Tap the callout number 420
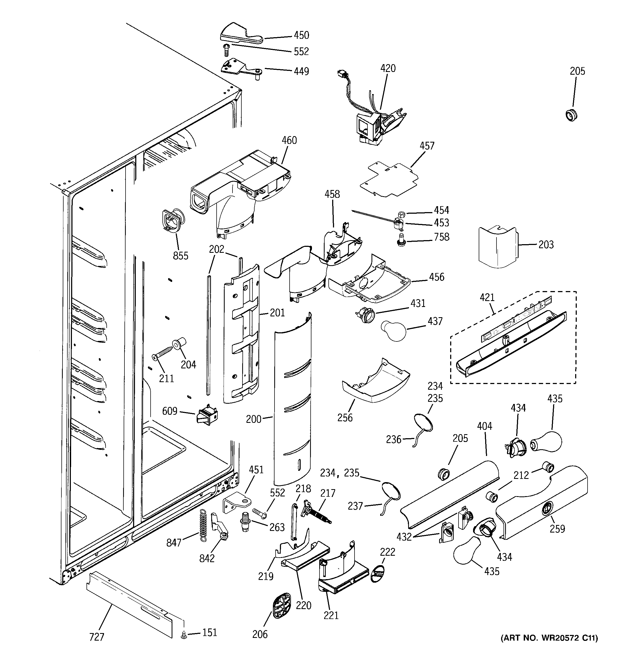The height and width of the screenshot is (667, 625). click(x=388, y=68)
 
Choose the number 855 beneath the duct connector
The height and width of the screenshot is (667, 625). click(x=180, y=256)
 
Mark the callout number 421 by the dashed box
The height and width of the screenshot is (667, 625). click(x=487, y=297)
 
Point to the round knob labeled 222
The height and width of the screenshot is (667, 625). click(x=378, y=574)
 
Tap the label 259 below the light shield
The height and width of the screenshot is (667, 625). click(x=557, y=529)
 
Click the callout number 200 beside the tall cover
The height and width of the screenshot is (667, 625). click(x=253, y=419)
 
